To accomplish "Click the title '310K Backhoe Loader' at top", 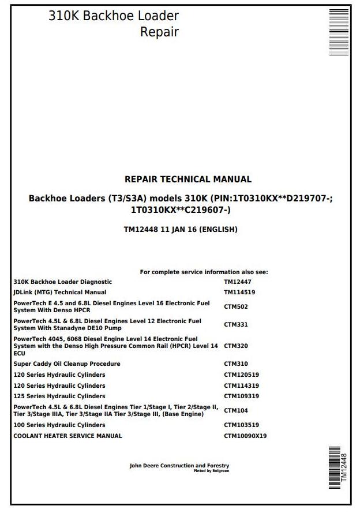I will click(114, 16).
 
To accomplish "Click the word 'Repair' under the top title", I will click(159, 32).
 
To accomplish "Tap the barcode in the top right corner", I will click(339, 32).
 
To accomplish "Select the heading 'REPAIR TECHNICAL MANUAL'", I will click(188, 179).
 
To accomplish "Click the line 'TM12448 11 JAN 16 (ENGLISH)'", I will click(181, 230).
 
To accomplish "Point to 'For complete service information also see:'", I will click(204, 272).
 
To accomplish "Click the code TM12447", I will click(237, 282).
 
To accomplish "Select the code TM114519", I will click(239, 293).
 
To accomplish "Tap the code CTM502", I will click(236, 307).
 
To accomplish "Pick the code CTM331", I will click(236, 325).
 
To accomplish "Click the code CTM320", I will click(236, 346).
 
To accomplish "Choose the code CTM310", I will click(236, 364).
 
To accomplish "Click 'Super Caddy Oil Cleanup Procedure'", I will click(67, 364).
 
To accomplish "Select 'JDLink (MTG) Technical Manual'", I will click(60, 293).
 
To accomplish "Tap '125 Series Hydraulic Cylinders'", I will click(59, 396).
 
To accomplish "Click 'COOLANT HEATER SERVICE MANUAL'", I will click(67, 436).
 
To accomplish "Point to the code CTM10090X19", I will click(245, 436).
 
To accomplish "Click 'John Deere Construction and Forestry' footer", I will click(179, 466).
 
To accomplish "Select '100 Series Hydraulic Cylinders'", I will click(59, 425).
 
